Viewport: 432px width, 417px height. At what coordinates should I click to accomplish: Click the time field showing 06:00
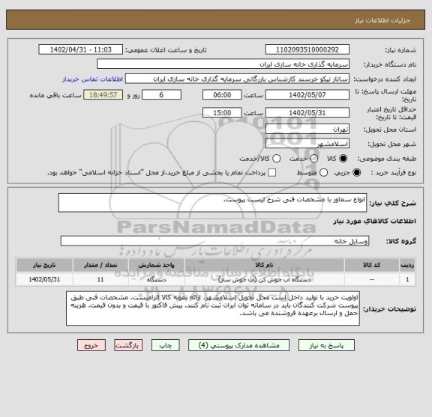pyautogui.click(x=222, y=95)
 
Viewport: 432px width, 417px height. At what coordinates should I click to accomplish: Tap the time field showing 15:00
pyautogui.click(x=222, y=112)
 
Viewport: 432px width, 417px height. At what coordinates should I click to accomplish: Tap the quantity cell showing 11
pyautogui.click(x=100, y=279)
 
